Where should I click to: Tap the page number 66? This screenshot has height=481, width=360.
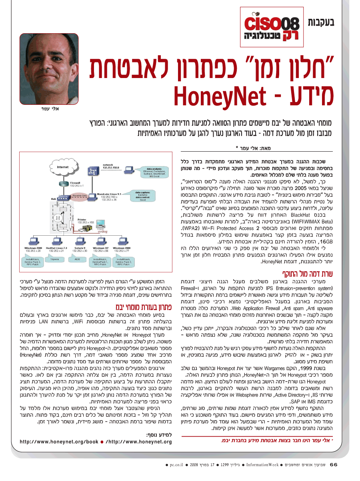[334, 465]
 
